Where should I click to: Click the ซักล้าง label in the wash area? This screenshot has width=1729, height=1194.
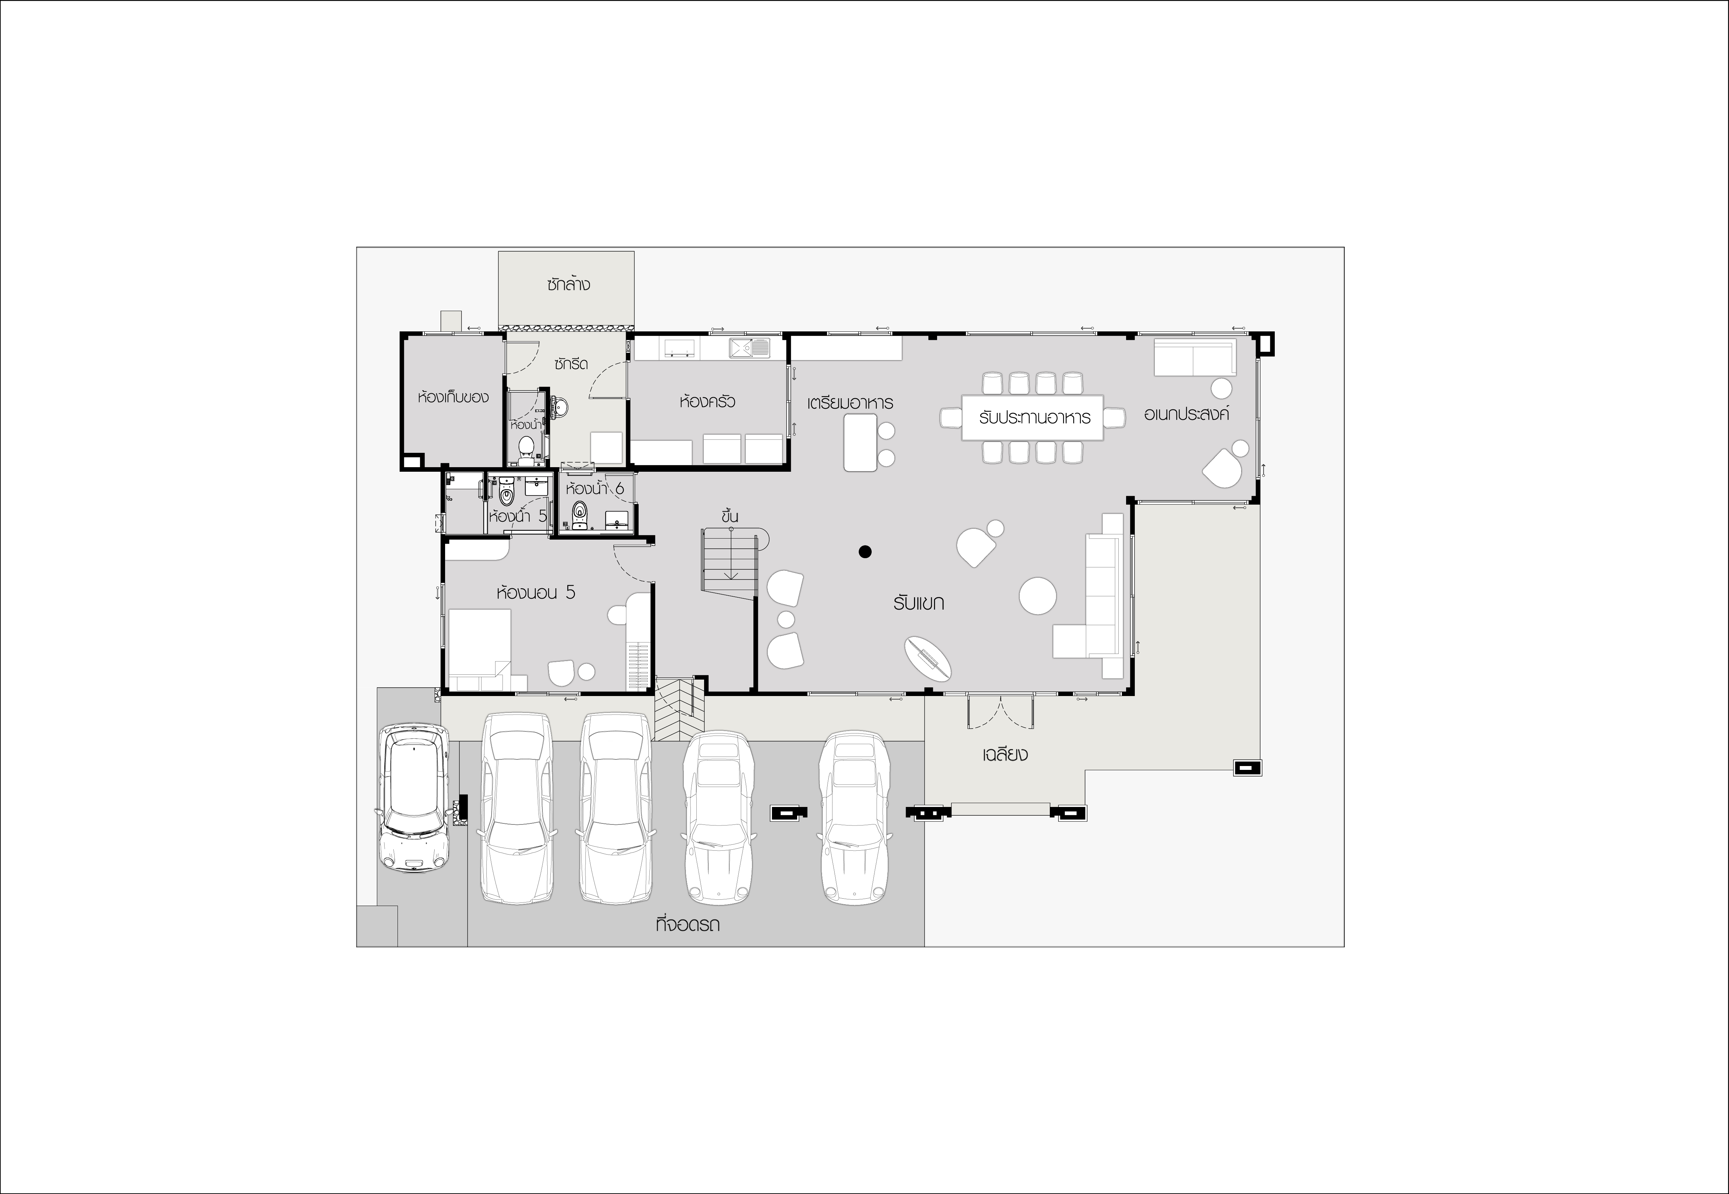pos(568,284)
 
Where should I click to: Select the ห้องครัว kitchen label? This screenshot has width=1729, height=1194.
pos(707,401)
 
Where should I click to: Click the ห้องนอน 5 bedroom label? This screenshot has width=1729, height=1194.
pos(536,592)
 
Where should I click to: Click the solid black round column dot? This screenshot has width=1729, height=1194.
pos(865,552)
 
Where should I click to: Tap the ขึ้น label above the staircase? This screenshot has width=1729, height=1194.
pos(730,515)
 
